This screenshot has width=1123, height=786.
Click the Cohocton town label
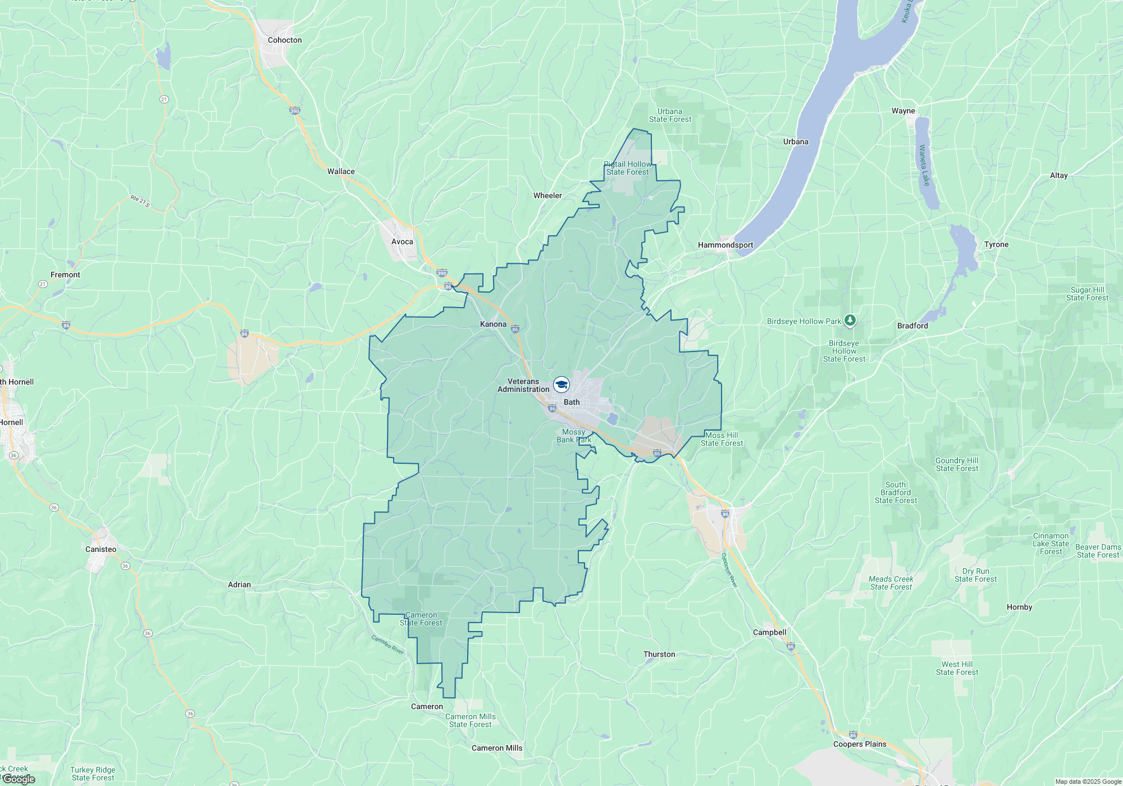pos(285,40)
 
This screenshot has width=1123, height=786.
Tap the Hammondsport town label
pos(725,245)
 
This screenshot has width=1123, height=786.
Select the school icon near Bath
pos(561,385)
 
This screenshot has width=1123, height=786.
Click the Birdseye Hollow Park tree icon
pos(850,321)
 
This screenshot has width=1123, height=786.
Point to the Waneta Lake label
pos(924,165)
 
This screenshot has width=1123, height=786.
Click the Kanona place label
pos(493,324)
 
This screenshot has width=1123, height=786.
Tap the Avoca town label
pos(402,241)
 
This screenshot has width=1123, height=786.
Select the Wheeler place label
pos(547,195)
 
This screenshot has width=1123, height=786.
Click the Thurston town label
pos(659,654)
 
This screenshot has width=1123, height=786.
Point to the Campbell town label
pos(769,632)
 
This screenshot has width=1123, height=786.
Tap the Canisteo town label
pos(101,549)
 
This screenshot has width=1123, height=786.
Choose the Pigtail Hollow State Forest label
pos(628,168)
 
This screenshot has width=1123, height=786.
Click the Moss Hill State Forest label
pos(722,439)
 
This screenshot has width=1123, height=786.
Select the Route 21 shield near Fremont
pos(43,284)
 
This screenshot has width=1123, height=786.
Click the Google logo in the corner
pos(19,779)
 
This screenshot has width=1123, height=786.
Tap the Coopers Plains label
pos(860,744)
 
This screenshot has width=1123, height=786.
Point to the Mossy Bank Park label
pos(574,436)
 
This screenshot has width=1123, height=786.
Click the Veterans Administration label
pos(523,385)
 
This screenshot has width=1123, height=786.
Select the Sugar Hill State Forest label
pos(1087,294)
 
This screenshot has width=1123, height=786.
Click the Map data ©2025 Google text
pos(1088,782)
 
